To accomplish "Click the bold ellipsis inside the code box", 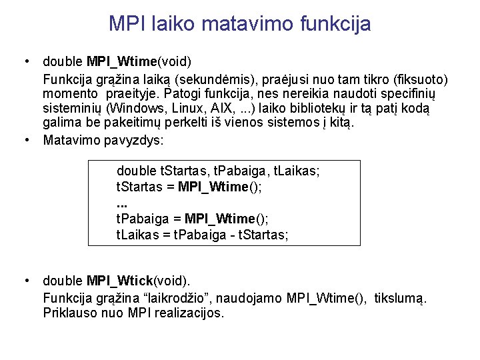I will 121,202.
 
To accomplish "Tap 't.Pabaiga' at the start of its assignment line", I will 141,219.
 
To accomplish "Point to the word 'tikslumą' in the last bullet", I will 402,297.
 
